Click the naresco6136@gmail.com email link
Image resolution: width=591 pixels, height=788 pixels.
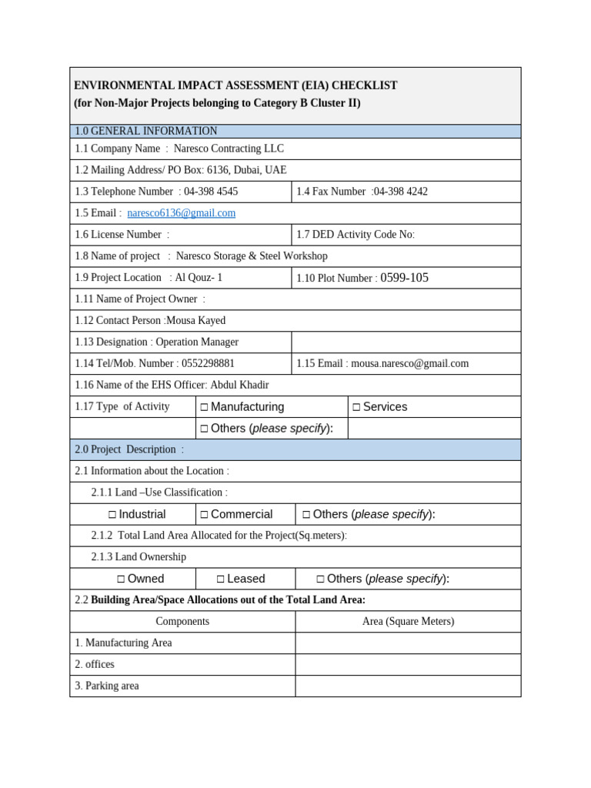pyautogui.click(x=182, y=213)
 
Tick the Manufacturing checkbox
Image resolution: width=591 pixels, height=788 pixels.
pyautogui.click(x=204, y=407)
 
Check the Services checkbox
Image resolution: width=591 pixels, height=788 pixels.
pyautogui.click(x=356, y=407)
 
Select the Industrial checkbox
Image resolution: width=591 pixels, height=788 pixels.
pyautogui.click(x=112, y=515)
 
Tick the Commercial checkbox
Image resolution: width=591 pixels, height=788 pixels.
pyautogui.click(x=204, y=515)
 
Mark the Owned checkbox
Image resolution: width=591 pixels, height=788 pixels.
pyautogui.click(x=121, y=579)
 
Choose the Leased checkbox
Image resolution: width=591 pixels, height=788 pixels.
pyautogui.click(x=220, y=579)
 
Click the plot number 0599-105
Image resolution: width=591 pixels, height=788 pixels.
pyautogui.click(x=405, y=278)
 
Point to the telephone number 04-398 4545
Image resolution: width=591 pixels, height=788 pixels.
pyautogui.click(x=211, y=192)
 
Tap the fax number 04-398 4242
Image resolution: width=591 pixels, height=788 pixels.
pyautogui.click(x=400, y=192)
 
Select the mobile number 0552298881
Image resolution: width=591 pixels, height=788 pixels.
pyautogui.click(x=208, y=363)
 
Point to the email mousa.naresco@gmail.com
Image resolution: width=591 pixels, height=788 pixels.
pyautogui.click(x=409, y=363)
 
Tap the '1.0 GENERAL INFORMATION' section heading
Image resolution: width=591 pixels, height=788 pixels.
pyautogui.click(x=146, y=132)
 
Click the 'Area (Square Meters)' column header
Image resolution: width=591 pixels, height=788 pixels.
pyautogui.click(x=408, y=621)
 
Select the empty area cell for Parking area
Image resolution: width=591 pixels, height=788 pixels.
pyautogui.click(x=408, y=686)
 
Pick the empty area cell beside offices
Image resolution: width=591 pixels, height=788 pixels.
pyautogui.click(x=408, y=664)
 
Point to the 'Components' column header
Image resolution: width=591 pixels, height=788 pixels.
pyautogui.click(x=182, y=621)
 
